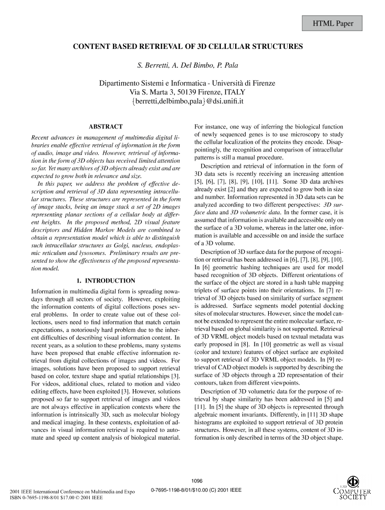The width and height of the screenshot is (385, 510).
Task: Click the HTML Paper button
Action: [333, 23]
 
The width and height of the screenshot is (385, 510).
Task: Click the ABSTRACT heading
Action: [106, 126]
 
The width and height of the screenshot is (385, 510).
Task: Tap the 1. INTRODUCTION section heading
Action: [106, 280]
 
